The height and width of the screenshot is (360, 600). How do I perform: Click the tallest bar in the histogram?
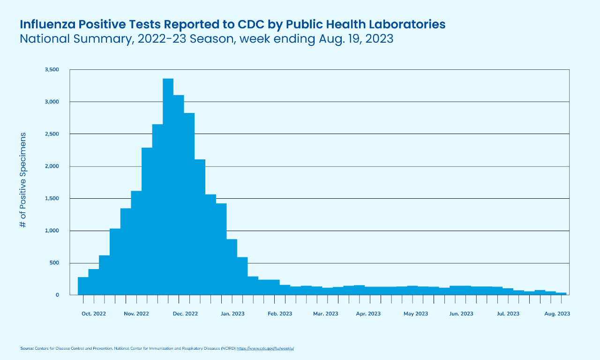pyautogui.click(x=168, y=187)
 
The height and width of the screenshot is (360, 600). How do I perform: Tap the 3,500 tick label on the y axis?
pyautogui.click(x=52, y=70)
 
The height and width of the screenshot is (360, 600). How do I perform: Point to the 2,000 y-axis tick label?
pyautogui.click(x=52, y=166)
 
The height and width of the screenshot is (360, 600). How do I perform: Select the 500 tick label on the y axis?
pyautogui.click(x=54, y=263)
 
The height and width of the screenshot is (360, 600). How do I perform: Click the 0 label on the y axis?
pyautogui.click(x=57, y=295)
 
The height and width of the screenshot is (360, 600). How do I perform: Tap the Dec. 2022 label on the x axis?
pyautogui.click(x=185, y=314)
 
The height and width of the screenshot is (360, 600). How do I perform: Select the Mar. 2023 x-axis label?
pyautogui.click(x=325, y=314)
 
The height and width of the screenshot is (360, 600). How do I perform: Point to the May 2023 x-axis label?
pyautogui.click(x=416, y=314)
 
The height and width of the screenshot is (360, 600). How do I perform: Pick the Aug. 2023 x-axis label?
pyautogui.click(x=557, y=314)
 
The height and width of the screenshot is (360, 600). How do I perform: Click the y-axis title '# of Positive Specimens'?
pyautogui.click(x=23, y=180)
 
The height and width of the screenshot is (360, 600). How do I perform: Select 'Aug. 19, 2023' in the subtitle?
pyautogui.click(x=355, y=39)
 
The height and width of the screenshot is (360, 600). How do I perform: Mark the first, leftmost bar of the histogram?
pyautogui.click(x=83, y=286)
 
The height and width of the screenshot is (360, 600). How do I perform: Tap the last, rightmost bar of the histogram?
pyautogui.click(x=561, y=294)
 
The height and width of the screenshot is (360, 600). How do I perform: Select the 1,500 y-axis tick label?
pyautogui.click(x=52, y=199)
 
